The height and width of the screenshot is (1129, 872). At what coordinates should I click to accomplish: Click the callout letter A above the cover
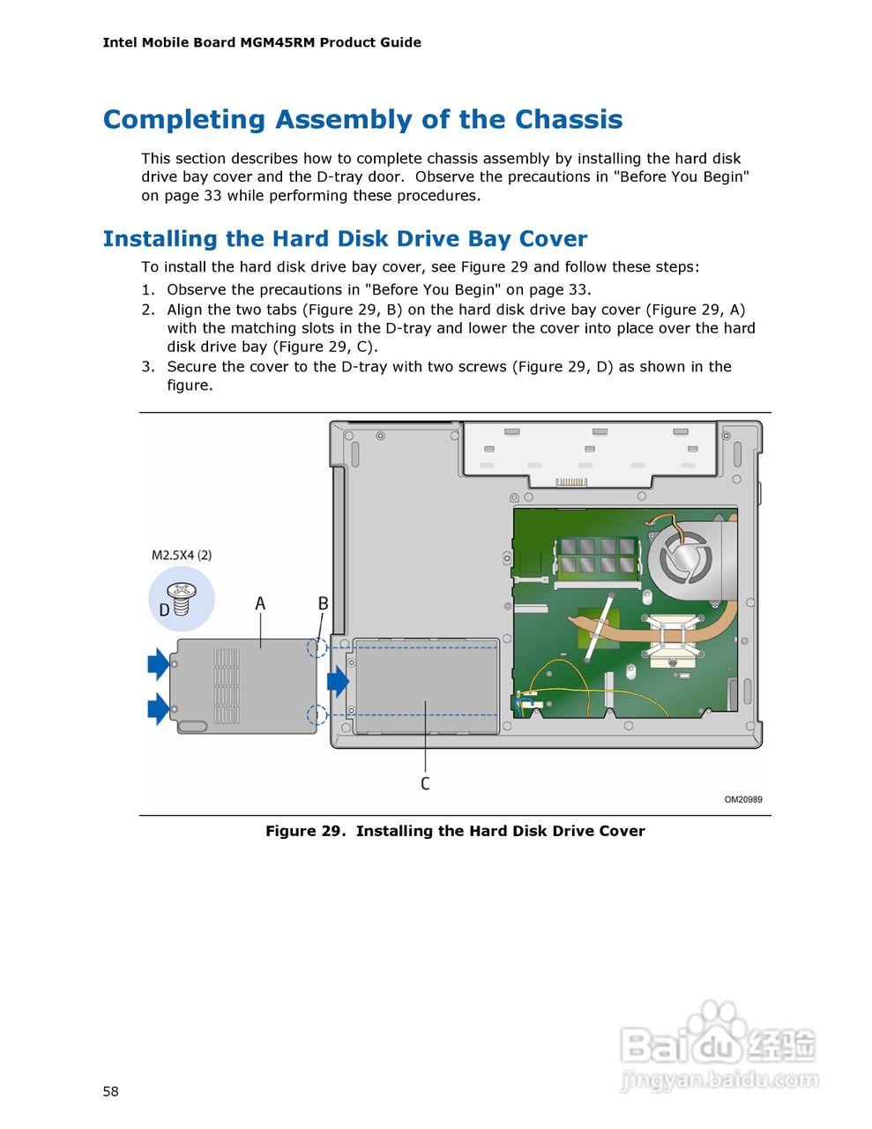[x=260, y=604]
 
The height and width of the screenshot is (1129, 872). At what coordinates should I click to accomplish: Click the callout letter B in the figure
[x=323, y=604]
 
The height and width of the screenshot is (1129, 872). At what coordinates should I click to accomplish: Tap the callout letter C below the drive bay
[x=425, y=783]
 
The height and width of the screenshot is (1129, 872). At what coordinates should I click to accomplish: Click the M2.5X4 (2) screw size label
[x=182, y=555]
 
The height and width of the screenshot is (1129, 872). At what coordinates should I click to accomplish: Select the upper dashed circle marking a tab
[x=317, y=648]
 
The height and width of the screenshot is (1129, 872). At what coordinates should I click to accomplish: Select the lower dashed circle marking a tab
[x=317, y=714]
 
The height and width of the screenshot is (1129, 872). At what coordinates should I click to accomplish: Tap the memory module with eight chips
[x=595, y=557]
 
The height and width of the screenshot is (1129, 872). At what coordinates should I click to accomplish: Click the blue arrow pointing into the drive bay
[x=338, y=681]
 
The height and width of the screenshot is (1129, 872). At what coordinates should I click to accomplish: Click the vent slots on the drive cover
[x=227, y=686]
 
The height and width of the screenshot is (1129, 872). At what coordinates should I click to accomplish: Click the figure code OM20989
[x=743, y=800]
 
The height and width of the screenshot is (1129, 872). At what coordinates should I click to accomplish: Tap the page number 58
[x=110, y=1092]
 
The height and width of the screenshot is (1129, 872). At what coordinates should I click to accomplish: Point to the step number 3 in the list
[x=147, y=367]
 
